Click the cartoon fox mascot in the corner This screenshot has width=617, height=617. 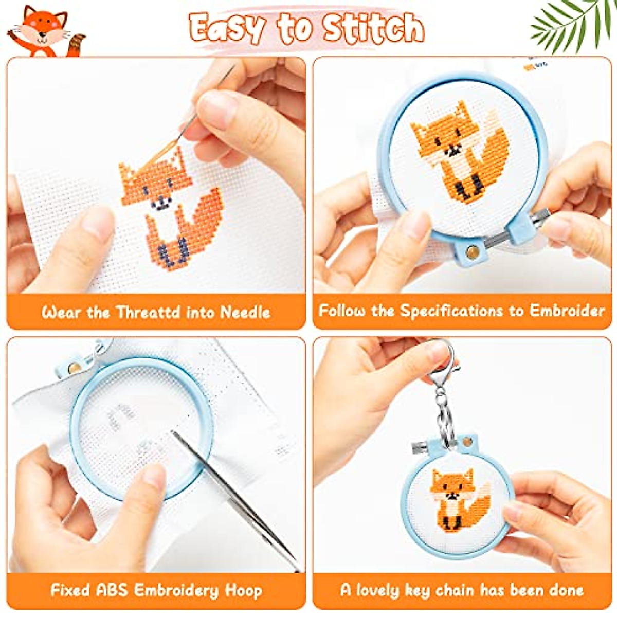[x=44, y=31]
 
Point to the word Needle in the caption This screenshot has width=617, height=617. [x=245, y=312]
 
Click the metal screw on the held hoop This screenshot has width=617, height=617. [x=537, y=219]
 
